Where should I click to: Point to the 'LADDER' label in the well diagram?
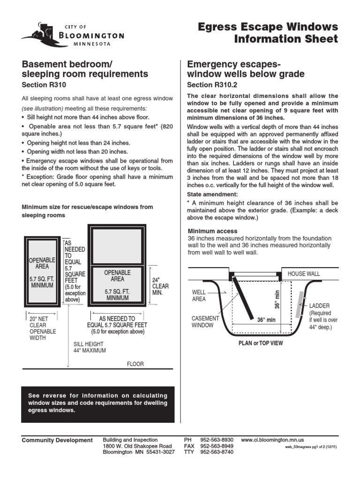coord(319,306)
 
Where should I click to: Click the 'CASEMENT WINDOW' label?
coord(205,322)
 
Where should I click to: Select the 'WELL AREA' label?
coord(199,295)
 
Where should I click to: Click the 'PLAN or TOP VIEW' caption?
coord(261,343)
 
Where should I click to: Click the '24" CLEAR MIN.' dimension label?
coord(160,286)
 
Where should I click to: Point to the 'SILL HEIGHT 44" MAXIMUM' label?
coord(90,347)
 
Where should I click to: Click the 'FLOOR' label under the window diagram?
coord(135,364)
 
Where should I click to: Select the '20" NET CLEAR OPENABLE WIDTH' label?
coord(43,328)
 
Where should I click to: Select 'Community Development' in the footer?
coord(57,440)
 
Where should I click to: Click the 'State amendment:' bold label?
coord(206,194)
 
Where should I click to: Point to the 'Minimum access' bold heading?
coord(212,231)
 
